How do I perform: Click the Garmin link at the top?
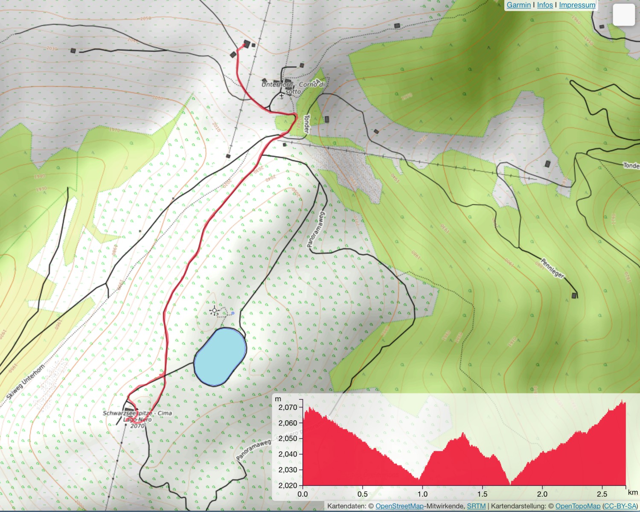518,5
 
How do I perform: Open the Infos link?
545,5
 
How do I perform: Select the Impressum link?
577,5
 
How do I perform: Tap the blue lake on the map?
220,357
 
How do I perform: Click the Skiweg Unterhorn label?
26,382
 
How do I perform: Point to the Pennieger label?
553,268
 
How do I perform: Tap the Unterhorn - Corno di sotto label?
293,87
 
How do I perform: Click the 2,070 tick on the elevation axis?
288,407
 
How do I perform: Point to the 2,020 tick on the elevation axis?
288,486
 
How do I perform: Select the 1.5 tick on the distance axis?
482,494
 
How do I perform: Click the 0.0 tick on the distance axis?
303,494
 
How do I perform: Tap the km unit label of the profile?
633,492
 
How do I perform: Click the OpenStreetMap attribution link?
399,506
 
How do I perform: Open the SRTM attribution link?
476,506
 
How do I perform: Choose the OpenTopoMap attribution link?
578,506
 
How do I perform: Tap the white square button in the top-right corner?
624,15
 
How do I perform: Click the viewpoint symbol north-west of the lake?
215,311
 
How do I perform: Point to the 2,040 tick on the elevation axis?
288,454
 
